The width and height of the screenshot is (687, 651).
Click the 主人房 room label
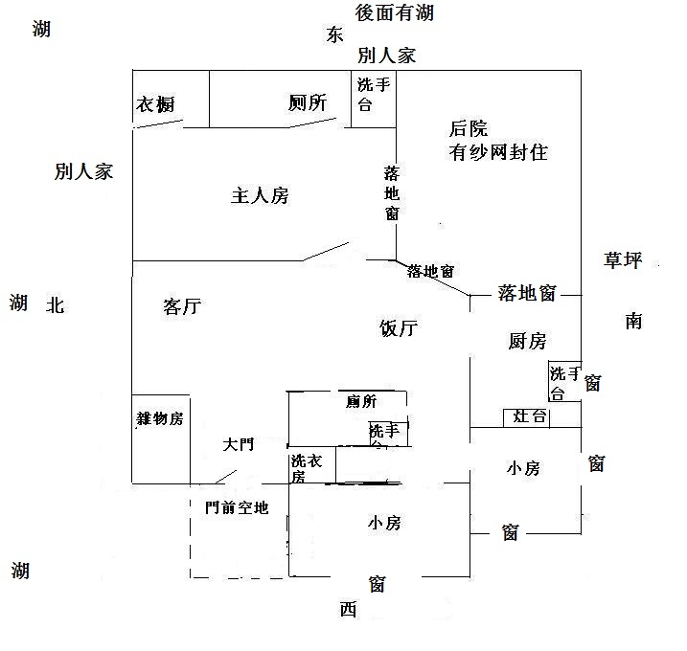pos(260,196)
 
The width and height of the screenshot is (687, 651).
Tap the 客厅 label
pos(182,307)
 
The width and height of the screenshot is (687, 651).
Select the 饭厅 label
pos(399,329)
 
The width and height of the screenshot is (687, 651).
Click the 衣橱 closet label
pos(155,105)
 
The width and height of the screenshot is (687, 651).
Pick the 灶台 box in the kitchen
pos(530,416)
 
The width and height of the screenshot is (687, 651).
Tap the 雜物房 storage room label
pos(159,418)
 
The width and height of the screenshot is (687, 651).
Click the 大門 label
pos(239,445)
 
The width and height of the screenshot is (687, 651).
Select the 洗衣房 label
pos(311,468)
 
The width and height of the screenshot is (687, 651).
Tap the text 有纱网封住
pos(498,152)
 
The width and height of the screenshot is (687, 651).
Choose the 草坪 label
pos(623,259)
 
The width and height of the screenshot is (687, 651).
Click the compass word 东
pos(333,35)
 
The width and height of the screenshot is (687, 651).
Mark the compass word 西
pos(347,610)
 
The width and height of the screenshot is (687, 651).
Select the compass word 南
pos(633,321)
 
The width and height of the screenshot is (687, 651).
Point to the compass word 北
pos(55,305)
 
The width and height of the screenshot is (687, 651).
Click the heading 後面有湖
pos(394,12)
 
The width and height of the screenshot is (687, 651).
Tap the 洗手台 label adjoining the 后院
pos(374,95)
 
